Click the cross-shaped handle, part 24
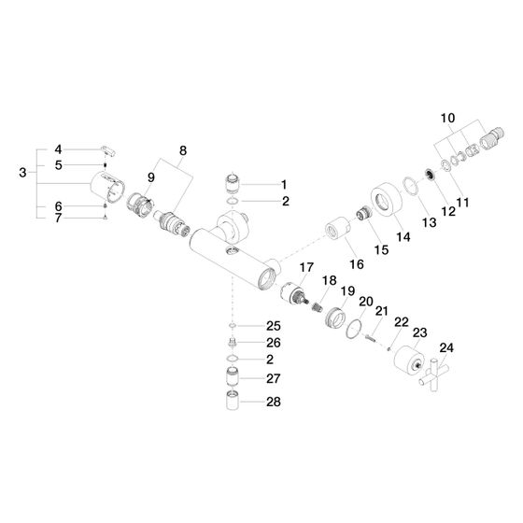click(x=433, y=375)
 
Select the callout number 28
click(x=273, y=402)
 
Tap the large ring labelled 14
click(x=387, y=200)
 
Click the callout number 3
click(x=22, y=173)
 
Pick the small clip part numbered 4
click(x=108, y=150)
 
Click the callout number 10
click(x=447, y=118)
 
